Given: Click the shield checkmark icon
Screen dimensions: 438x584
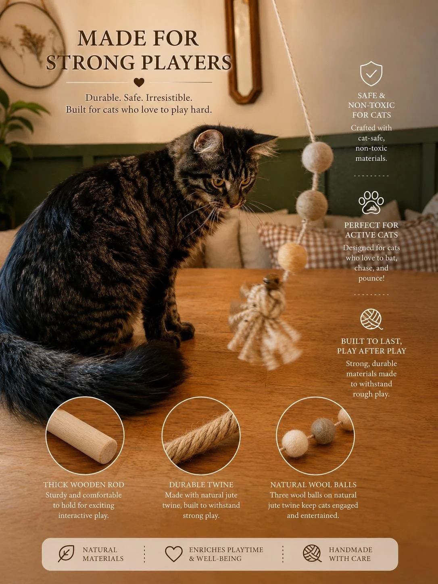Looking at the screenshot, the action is [371, 73].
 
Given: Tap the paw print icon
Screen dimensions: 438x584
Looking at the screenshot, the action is [371, 202].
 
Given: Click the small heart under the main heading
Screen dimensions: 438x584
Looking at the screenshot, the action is [139, 82].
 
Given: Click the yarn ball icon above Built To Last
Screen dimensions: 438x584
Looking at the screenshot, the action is [371, 319].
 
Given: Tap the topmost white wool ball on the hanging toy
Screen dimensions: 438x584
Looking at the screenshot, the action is [317, 157].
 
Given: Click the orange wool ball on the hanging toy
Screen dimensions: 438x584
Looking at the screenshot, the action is [292, 257].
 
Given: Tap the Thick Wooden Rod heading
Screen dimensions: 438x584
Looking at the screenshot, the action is [84, 485].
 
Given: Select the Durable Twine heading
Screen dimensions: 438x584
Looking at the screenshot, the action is [201, 485].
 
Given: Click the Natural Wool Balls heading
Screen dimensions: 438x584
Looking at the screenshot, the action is [313, 485].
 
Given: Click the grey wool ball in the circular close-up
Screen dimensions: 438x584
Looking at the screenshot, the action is [323, 430].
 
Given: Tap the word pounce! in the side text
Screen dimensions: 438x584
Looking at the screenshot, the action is [371, 278].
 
